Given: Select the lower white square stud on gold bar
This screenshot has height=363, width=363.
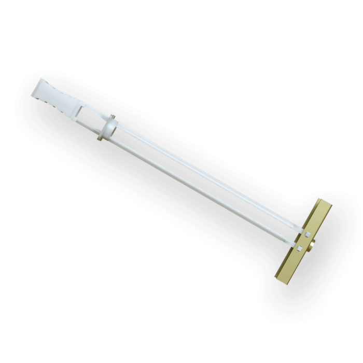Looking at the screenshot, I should point(300,250).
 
